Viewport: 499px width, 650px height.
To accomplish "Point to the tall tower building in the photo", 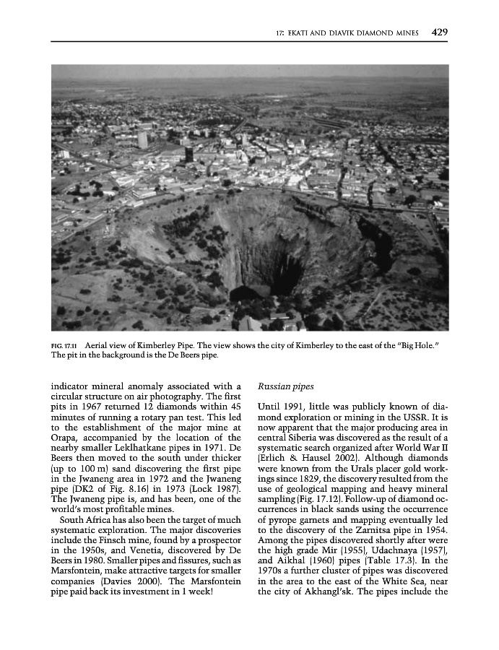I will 142,139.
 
